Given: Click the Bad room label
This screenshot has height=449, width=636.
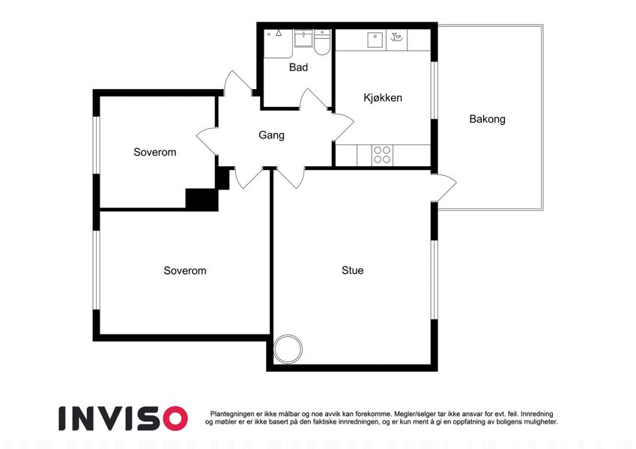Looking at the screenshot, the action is tap(298, 67).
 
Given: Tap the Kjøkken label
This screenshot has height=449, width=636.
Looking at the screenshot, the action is tap(383, 98).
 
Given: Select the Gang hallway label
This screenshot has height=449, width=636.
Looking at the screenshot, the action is tap(271, 135).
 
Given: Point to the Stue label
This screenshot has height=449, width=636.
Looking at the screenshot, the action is tap(353, 270).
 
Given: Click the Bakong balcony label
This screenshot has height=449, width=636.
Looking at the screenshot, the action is tap(487, 119).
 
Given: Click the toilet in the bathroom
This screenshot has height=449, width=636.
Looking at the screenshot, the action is tap(322, 42).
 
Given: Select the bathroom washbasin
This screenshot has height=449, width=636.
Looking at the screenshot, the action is tap(303, 39).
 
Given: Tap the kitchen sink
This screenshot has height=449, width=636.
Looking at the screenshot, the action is tap(376, 40).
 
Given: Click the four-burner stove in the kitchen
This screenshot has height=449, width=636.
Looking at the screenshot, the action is tap(382, 155).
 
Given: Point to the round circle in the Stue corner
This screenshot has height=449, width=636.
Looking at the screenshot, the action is tap(288, 349).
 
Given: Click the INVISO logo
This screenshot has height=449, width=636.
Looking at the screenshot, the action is tap(124, 418).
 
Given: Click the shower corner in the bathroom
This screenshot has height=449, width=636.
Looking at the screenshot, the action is tap(278, 43).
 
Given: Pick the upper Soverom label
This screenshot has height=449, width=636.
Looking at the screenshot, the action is tap(155, 152).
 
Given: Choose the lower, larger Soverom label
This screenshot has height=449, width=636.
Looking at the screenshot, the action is tap(185, 270).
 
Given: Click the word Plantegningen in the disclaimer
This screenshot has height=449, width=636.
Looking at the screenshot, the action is tap(232, 414).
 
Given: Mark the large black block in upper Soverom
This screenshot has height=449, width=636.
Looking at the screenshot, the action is tap(202, 199).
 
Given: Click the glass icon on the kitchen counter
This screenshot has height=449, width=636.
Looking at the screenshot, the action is tap(396, 37).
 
